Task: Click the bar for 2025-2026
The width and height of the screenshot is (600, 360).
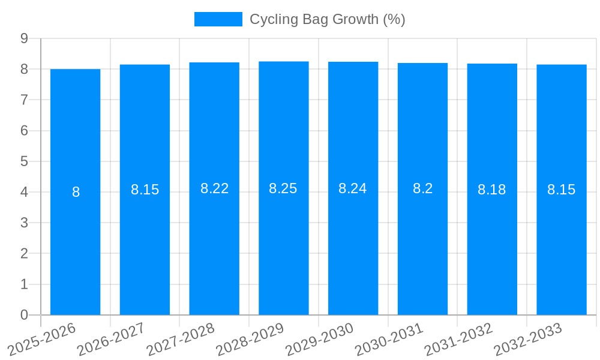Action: click(x=75, y=192)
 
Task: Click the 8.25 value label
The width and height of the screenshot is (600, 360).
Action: click(x=283, y=188)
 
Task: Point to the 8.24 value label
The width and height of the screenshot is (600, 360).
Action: click(x=353, y=188)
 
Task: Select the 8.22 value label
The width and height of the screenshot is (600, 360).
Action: click(x=214, y=188)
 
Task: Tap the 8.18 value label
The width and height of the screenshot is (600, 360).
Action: click(x=491, y=190)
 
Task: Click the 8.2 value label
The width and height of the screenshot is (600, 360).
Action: click(x=422, y=188)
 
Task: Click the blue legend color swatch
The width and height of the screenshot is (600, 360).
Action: click(x=218, y=19)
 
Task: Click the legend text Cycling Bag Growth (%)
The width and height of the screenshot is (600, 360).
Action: click(x=328, y=19)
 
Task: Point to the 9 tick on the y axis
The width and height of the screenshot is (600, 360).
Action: click(x=25, y=38)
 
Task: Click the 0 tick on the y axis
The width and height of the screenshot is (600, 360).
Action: click(x=25, y=315)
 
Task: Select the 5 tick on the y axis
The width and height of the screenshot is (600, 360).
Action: click(x=25, y=161)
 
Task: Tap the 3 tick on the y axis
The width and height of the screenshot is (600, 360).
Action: click(x=25, y=223)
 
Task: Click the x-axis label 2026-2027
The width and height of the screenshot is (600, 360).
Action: click(x=112, y=338)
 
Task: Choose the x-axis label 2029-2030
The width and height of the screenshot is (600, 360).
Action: click(x=320, y=338)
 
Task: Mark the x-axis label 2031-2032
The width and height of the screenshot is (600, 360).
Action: click(x=459, y=338)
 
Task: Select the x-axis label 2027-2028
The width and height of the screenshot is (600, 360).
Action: click(x=181, y=338)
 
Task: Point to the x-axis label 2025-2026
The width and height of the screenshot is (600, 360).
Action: click(x=42, y=338)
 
